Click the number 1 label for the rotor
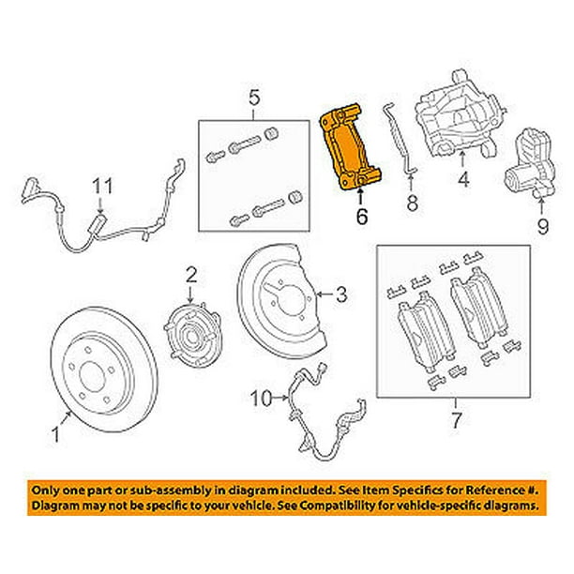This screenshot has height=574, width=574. pos(55,434)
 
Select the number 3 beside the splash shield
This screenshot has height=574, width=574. pos(341,295)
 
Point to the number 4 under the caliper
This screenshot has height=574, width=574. pos(461,179)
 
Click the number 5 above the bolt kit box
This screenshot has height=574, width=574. pos(252,96)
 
